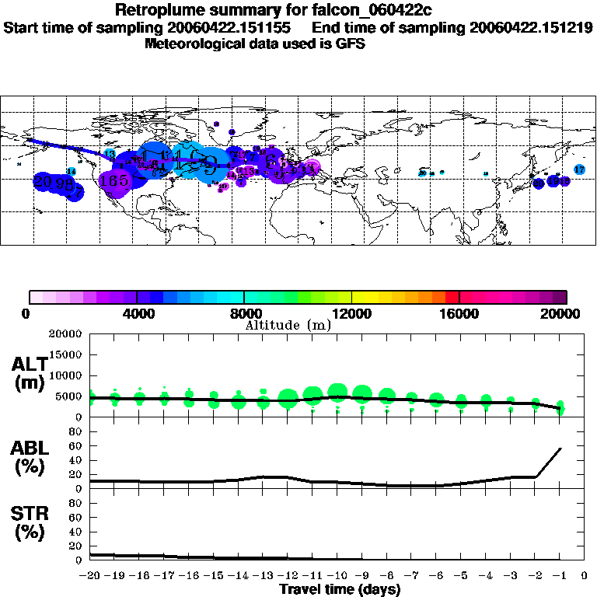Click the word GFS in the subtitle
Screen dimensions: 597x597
[x=351, y=44]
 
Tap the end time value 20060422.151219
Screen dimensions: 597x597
[x=531, y=27]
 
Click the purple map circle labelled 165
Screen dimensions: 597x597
[x=115, y=180]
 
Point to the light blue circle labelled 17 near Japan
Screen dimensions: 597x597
[x=579, y=169]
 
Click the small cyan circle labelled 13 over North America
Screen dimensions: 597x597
[x=110, y=155]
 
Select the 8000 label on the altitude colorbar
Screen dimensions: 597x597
[x=244, y=314]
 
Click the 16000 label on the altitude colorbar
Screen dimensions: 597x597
[x=459, y=314]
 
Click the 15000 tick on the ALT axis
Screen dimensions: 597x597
[x=66, y=355]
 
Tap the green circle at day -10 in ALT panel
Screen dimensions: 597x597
[x=337, y=393]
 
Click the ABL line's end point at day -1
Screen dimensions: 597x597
[x=560, y=449]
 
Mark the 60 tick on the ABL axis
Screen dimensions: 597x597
[x=76, y=446]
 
